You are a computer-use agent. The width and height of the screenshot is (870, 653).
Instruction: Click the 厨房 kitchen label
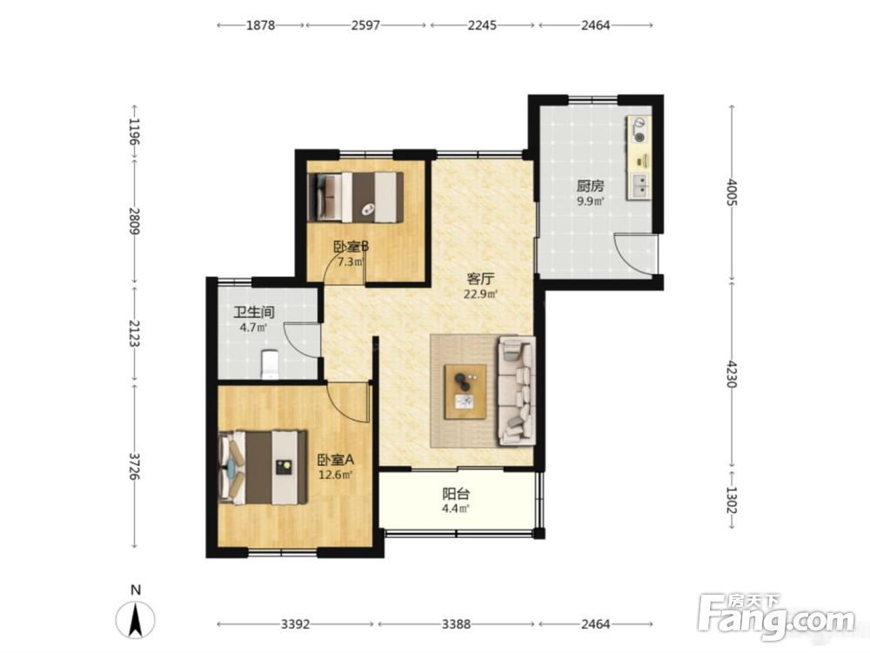[x=591, y=186]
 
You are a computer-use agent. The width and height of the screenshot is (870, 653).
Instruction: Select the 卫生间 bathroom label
[x=254, y=312]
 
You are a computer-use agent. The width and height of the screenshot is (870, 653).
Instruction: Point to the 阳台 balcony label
[x=456, y=494]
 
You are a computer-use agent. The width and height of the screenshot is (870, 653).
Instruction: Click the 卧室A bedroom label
[x=336, y=460]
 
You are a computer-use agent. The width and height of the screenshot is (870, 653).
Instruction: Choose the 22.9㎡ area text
[x=480, y=293]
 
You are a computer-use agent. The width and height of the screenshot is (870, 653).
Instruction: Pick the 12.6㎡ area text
[x=336, y=475]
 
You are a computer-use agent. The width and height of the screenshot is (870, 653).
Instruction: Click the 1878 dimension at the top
[x=261, y=25]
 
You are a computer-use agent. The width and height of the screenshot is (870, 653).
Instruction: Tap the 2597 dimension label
[x=365, y=25]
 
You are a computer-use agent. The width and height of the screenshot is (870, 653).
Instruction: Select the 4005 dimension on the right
[x=733, y=192]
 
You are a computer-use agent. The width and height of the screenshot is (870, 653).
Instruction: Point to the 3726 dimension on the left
[x=134, y=467]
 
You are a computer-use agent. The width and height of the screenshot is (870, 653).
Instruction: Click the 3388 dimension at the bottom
[x=456, y=624]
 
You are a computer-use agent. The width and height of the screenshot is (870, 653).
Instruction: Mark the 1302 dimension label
[x=733, y=501]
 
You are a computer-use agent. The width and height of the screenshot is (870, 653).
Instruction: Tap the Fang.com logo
[x=777, y=616]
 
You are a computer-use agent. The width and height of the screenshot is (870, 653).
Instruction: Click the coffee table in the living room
[x=465, y=392]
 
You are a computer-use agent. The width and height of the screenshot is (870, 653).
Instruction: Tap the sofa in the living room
[x=517, y=391]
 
